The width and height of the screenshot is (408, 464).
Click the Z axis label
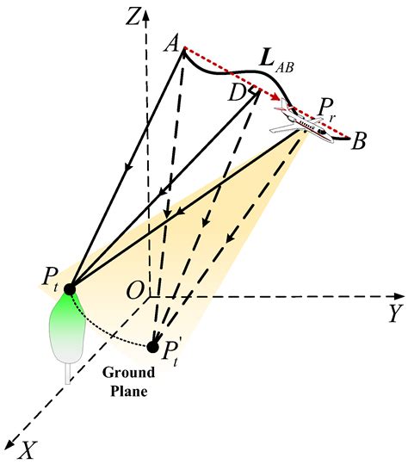click(x=132, y=15)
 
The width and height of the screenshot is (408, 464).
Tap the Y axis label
click(x=394, y=313)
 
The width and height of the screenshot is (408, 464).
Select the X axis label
click(x=28, y=449)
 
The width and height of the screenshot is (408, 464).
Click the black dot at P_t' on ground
click(x=152, y=347)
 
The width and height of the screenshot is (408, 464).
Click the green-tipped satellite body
click(x=67, y=327)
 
